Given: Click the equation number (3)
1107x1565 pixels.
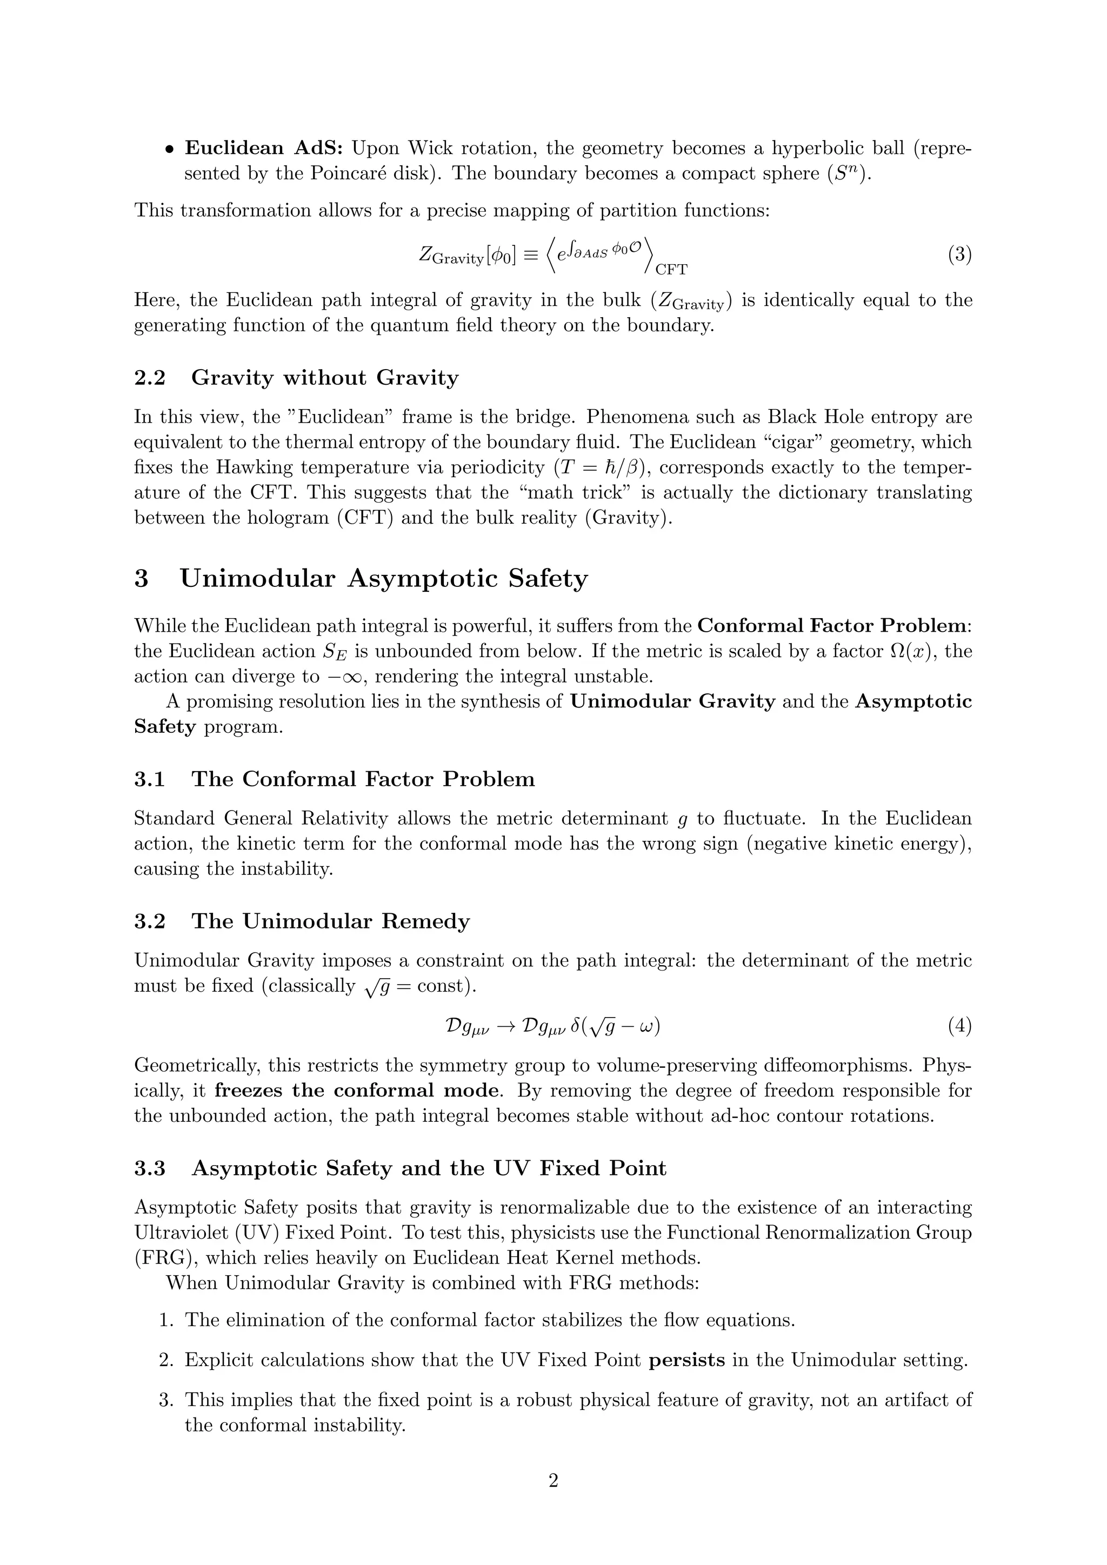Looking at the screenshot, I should pyautogui.click(x=959, y=255).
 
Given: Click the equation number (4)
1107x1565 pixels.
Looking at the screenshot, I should pyautogui.click(x=959, y=1026).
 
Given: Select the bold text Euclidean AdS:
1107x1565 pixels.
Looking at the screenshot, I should pyautogui.click(x=266, y=148).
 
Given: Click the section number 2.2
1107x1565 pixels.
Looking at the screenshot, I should pyautogui.click(x=150, y=378).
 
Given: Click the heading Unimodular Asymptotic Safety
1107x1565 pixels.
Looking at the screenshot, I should pyautogui.click(x=383, y=578).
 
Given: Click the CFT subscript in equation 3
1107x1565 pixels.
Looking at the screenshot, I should pyautogui.click(x=671, y=270).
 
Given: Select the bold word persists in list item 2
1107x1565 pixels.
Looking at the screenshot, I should pyautogui.click(x=686, y=1361).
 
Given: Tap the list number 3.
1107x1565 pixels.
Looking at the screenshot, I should pyautogui.click(x=167, y=1400).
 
